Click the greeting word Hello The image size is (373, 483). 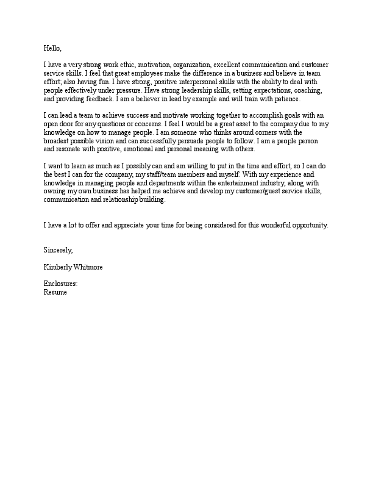[52, 48]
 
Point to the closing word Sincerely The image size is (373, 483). [58, 250]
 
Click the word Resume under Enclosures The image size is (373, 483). [55, 293]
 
